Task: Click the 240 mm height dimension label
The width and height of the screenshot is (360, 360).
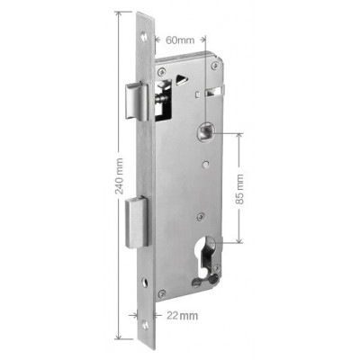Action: pos(120,175)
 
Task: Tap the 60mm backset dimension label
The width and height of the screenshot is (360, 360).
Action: pos(180,40)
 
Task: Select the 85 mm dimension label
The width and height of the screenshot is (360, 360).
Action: pos(239,189)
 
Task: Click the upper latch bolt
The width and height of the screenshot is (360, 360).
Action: pos(137,101)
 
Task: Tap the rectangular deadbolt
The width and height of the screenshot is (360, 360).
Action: pos(137,222)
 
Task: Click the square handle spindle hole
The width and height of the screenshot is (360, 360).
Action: pos(205,131)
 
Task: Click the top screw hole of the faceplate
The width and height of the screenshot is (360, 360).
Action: pos(145,36)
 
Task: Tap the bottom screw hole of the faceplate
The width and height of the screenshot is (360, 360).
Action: pos(145,325)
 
